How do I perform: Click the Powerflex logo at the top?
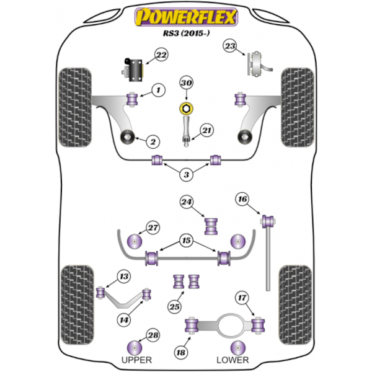186,18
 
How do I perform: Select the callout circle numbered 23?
231,47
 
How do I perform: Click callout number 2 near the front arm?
151,141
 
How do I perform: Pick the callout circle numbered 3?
186,176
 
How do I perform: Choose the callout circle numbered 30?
187,84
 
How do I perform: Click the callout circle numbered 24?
187,201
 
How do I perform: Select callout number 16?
242,199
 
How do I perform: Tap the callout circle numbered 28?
152,336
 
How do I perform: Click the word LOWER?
233,360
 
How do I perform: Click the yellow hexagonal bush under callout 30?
185,110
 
